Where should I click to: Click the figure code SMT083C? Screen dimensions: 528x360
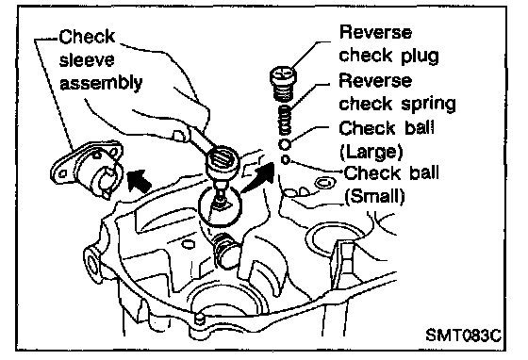coord(463,335)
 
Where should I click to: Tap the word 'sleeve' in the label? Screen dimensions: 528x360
coord(87,60)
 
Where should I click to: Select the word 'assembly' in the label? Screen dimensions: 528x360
coord(101,83)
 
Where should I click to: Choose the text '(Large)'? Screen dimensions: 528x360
coord(371,152)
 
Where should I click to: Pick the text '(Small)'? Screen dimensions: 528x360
coord(374,196)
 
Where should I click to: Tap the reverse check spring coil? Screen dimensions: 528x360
coord(286,121)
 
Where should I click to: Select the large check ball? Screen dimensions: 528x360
coord(285,145)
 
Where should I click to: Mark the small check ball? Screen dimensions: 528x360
coord(285,159)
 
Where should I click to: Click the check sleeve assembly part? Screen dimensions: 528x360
coord(87,170)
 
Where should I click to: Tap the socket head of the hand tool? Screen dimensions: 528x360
coord(222,161)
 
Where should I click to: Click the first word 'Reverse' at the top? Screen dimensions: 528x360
coord(375,32)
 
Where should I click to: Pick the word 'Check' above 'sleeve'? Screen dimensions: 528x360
coord(87,37)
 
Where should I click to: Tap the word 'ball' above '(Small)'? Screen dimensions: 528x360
coord(424,173)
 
